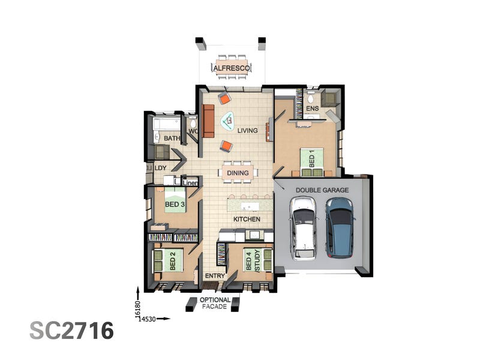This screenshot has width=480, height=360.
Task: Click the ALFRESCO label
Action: coord(232,68)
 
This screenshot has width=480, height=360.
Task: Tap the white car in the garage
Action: coord(303,229)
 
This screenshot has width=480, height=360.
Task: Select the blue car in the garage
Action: coord(340,228)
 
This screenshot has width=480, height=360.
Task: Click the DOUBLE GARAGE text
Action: coord(322,190)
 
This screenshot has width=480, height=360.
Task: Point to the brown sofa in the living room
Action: coord(208,121)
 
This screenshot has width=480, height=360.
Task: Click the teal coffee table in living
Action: coord(228,121)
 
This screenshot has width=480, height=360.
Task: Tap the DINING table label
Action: coord(238,173)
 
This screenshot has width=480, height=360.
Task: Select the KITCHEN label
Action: coord(247,219)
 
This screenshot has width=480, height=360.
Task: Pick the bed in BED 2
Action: coord(168,260)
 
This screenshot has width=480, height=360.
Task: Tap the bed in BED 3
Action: coord(175,200)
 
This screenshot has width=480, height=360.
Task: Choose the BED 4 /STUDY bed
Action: coord(258,260)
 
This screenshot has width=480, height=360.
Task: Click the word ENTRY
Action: coord(215,276)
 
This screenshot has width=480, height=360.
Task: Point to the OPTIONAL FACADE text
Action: coord(215,303)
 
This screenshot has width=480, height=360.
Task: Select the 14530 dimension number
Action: coord(147,319)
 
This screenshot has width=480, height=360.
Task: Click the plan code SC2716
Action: coord(71,331)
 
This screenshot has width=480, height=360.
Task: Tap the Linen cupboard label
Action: coord(190,183)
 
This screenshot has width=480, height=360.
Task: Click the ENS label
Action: coord(312,108)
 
